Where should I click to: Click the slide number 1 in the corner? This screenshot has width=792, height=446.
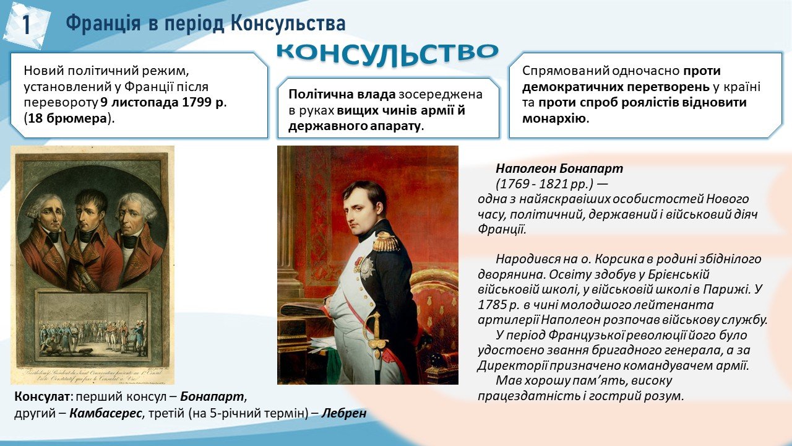27,25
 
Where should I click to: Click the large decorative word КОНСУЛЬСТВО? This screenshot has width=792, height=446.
387,55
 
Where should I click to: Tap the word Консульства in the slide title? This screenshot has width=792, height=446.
288,24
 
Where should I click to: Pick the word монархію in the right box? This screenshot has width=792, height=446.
554,118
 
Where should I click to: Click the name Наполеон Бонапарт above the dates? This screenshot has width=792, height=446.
559,168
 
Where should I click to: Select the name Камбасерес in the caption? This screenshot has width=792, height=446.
105,413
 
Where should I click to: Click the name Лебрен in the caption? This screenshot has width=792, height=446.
343,413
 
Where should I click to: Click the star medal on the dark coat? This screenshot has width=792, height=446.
367,268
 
